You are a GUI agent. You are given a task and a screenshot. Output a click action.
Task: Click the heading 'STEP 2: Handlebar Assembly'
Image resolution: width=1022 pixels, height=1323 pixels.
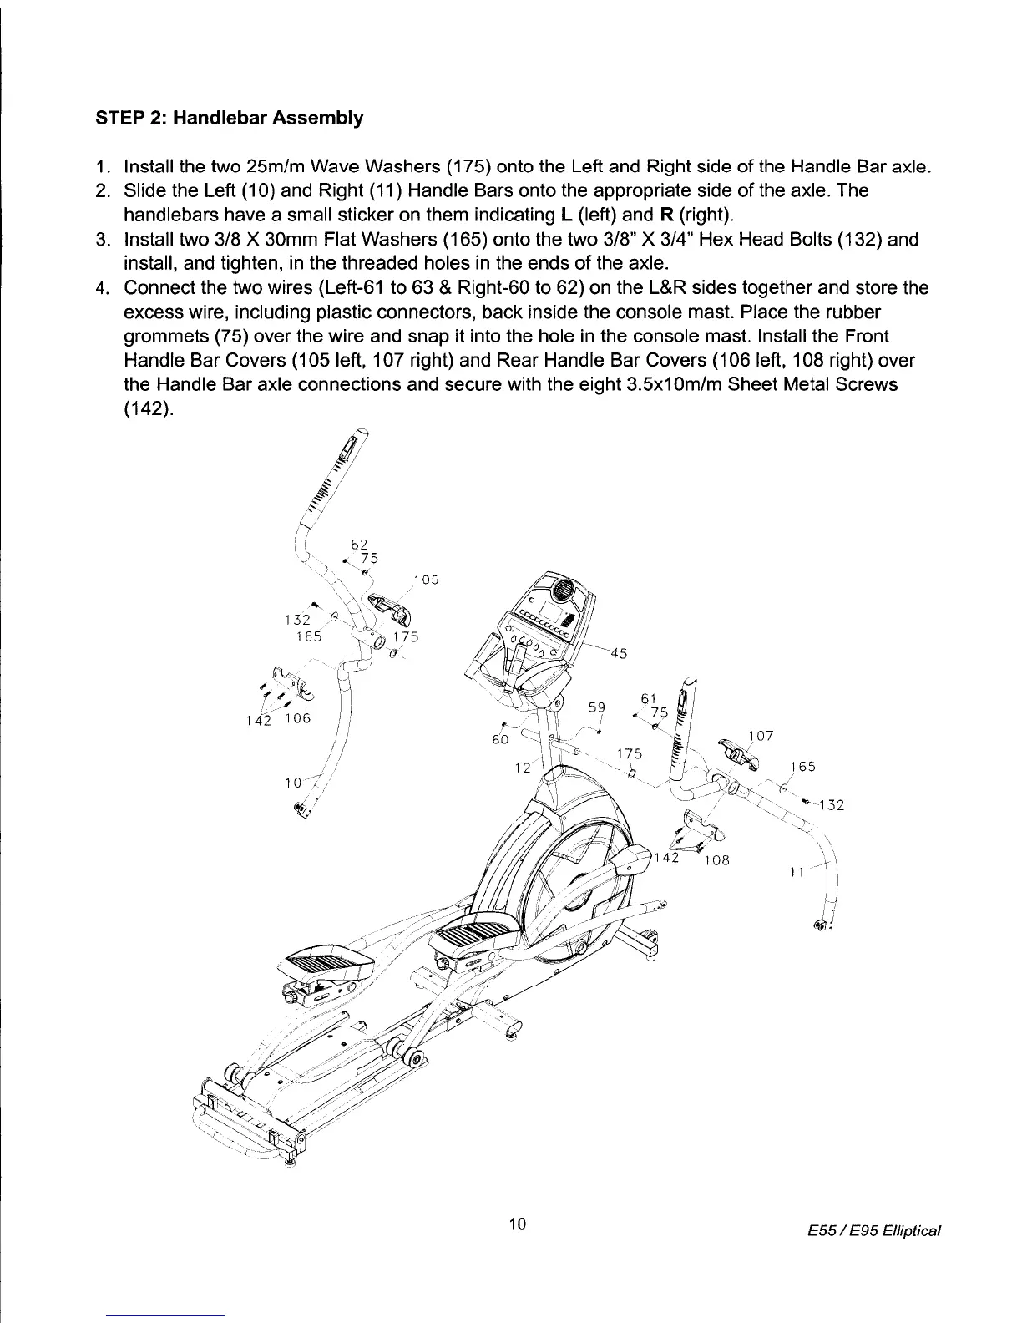pos(230,118)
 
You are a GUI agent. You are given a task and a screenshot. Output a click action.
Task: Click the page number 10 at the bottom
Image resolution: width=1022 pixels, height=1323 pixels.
pos(517,1224)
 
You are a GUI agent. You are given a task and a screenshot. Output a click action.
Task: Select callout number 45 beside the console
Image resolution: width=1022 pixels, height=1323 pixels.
pos(619,653)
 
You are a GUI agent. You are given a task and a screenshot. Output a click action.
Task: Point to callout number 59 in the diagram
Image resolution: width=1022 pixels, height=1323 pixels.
pos(596,707)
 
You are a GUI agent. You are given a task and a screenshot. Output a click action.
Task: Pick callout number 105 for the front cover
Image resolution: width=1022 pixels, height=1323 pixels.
pos(426,580)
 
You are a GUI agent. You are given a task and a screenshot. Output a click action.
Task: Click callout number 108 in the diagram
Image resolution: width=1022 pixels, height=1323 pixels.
pos(716,861)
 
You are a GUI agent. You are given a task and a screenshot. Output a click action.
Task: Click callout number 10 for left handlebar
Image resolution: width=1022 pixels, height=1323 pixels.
pos(292,783)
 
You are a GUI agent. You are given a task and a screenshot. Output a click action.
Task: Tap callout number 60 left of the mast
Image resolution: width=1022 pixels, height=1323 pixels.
pos(500,740)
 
